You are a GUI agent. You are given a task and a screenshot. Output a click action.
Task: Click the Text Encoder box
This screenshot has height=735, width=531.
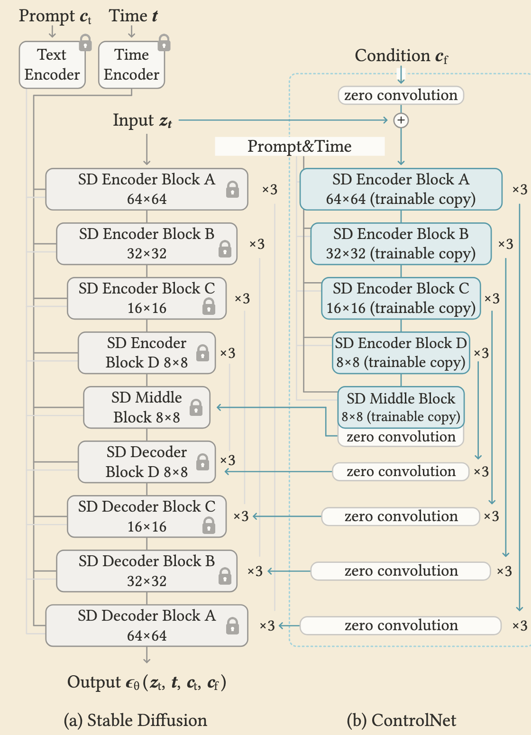(x=52, y=65)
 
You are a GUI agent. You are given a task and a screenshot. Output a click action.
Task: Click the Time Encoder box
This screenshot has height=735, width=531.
(x=131, y=65)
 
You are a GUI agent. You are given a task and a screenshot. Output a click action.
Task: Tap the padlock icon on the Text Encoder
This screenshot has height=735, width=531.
(x=85, y=43)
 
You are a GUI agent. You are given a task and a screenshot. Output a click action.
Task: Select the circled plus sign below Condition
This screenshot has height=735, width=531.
(x=401, y=120)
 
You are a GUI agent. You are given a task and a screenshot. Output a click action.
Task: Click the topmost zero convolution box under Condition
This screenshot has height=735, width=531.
(x=401, y=95)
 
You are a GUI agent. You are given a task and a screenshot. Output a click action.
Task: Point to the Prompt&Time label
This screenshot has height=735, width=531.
(x=300, y=147)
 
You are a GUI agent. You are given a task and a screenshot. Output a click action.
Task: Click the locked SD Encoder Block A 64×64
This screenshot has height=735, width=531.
(x=146, y=189)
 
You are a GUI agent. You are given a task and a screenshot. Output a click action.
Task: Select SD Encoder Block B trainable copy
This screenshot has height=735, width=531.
(x=401, y=244)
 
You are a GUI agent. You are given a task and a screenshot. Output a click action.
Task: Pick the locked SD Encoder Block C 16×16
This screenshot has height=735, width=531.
(x=146, y=298)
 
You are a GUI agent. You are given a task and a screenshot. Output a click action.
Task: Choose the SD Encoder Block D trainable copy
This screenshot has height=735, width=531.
(x=401, y=353)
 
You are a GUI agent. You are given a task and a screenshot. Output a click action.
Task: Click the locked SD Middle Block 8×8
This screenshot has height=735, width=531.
(x=146, y=407)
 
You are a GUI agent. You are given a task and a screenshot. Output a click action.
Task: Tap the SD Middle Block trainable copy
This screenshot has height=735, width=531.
(x=401, y=407)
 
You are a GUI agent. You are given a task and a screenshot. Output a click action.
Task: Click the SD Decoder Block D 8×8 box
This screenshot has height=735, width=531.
(x=146, y=462)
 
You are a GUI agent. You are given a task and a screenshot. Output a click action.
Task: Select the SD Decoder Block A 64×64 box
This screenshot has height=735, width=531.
(x=146, y=625)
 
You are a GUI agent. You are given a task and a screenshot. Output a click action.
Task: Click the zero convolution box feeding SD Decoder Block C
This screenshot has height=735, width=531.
(x=401, y=516)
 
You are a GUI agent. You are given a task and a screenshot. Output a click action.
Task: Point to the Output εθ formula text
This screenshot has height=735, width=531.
(x=146, y=683)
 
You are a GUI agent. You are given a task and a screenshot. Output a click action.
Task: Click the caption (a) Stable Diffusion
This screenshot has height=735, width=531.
(x=136, y=720)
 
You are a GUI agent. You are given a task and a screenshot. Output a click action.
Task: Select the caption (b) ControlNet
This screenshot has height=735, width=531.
(x=401, y=720)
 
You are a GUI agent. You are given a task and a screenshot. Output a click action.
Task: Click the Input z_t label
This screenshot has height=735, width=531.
(x=142, y=120)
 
